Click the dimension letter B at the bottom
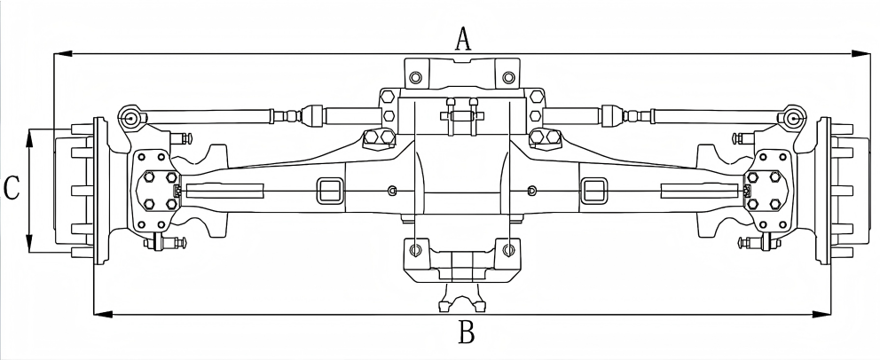coord(467,334)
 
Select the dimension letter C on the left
coord(12,189)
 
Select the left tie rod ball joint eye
coord(130,116)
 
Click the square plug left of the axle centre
coord(326,190)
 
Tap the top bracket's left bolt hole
coord(415,77)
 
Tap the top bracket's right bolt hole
coord(507,77)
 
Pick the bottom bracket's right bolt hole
coord(507,250)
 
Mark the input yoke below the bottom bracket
coord(461,298)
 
